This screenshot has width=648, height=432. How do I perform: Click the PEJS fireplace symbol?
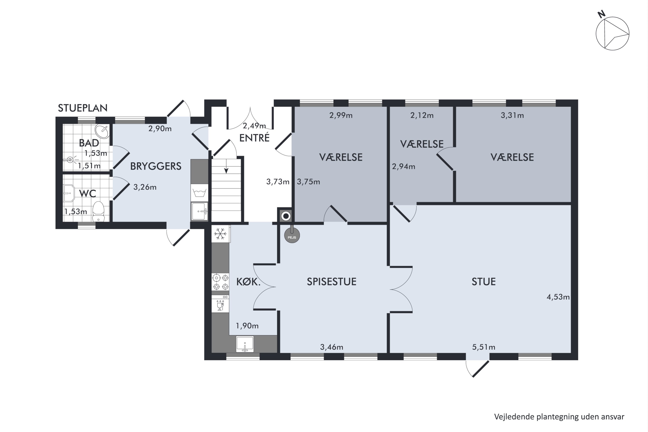click(x=292, y=236)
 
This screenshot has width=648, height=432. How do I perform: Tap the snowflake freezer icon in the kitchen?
click(x=220, y=234)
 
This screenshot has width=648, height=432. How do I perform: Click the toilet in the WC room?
click(x=98, y=212)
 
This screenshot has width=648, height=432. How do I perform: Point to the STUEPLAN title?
click(x=83, y=108)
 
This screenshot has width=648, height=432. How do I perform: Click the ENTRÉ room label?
click(x=254, y=138)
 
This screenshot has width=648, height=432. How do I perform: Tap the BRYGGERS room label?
click(x=156, y=166)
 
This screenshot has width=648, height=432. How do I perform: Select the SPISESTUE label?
click(x=332, y=282)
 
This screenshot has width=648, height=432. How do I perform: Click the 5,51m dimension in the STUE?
click(x=484, y=347)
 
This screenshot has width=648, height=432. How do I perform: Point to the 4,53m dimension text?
click(x=558, y=297)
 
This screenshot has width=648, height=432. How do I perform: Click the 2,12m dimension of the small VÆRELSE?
click(x=422, y=115)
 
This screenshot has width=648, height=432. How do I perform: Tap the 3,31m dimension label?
click(x=512, y=115)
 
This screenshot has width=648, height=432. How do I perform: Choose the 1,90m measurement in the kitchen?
click(x=247, y=326)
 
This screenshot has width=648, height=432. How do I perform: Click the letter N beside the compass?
click(x=601, y=14)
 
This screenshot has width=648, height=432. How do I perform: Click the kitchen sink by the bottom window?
click(x=245, y=344)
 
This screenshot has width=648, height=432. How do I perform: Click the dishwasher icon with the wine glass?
click(x=220, y=304)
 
